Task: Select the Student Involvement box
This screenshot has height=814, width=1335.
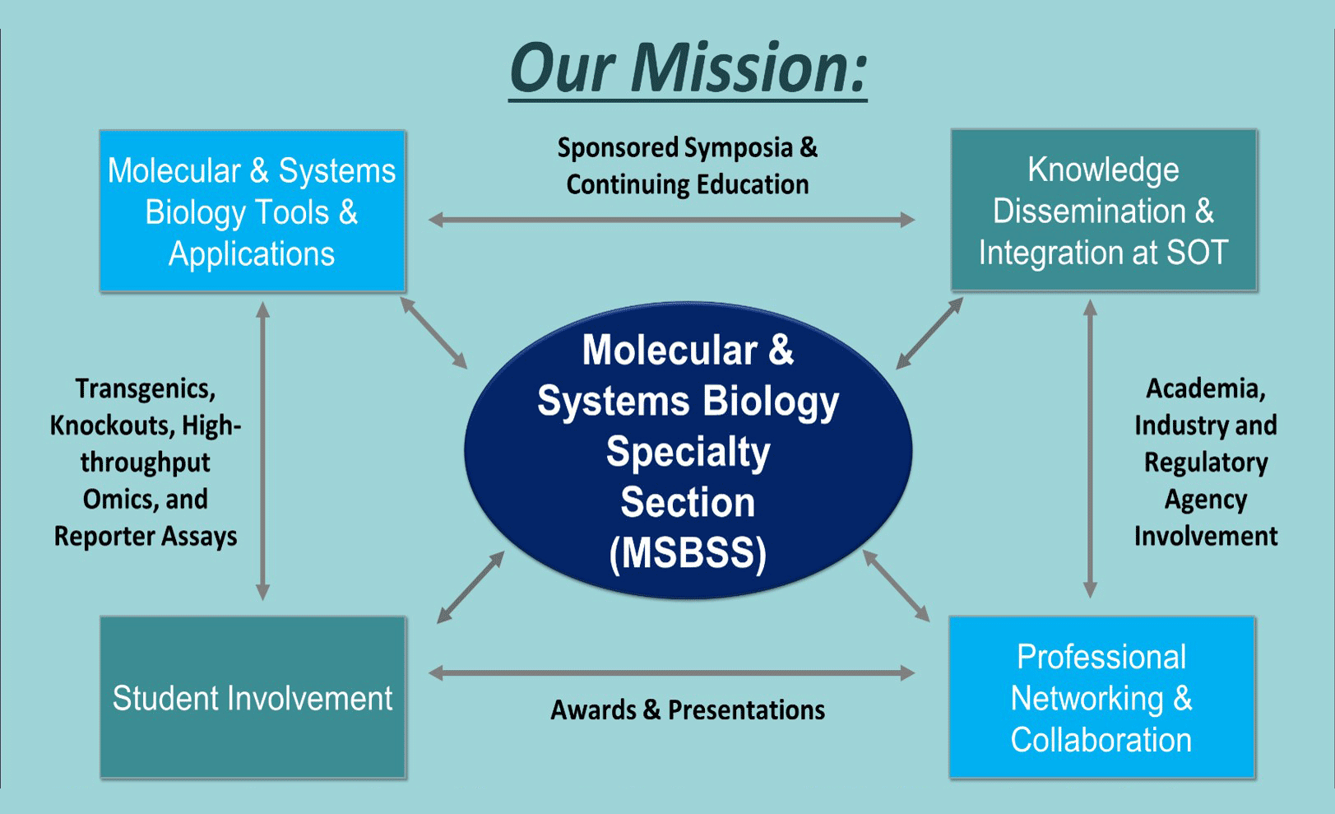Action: point(253,698)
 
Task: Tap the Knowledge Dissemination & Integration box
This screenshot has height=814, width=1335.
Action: point(1103,211)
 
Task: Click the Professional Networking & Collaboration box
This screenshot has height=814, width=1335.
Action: point(1101,698)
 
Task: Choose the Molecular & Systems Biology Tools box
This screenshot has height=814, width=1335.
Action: point(252,212)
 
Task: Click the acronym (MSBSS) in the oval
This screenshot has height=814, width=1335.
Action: point(688,553)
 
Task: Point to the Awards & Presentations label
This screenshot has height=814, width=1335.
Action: point(688,709)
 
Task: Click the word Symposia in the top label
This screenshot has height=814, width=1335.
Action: point(738,148)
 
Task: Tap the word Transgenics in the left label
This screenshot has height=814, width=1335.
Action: point(146,388)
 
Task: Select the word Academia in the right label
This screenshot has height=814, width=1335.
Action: point(1205,388)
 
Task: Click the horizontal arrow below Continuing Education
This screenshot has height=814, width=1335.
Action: point(671,220)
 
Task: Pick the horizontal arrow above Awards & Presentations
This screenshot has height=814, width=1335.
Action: point(671,673)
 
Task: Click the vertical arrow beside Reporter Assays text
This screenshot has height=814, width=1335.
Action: point(263,451)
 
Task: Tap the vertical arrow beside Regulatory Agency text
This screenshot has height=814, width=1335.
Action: point(1090,449)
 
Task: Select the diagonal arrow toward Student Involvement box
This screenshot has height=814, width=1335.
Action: point(470,587)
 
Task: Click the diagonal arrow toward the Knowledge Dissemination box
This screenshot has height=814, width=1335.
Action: point(929,333)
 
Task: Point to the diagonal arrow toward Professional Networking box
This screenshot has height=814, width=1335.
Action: point(896,586)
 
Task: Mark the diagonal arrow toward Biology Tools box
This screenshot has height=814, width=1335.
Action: point(433,333)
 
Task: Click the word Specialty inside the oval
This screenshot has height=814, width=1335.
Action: point(688,452)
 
